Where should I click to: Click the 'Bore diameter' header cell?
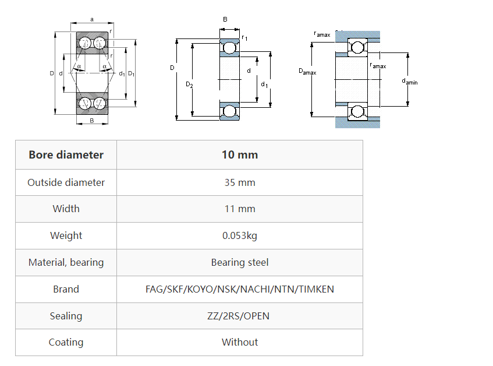coord(66,155)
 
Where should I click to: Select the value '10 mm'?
coord(239,155)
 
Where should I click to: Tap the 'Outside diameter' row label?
coord(66,182)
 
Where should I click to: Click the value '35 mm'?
coord(239,182)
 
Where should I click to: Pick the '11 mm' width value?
coord(239,209)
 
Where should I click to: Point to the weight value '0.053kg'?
coord(239,235)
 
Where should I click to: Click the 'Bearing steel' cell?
coord(239,262)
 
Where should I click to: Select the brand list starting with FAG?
coord(239,289)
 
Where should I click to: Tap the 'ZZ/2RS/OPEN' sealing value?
coord(239,316)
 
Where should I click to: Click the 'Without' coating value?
coord(239,342)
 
